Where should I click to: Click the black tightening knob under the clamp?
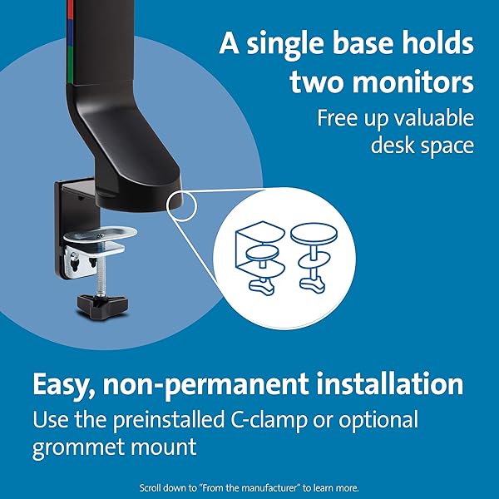[102, 306]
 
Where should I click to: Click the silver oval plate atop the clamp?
[101, 235]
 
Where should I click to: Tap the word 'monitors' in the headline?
[413, 82]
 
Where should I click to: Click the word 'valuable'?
[434, 118]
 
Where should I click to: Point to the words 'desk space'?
[422, 145]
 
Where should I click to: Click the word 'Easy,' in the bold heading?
[64, 385]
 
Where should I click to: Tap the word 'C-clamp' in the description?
[269, 420]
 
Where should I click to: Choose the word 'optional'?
[378, 420]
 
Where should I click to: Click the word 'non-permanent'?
[205, 385]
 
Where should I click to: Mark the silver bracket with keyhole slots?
[83, 260]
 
